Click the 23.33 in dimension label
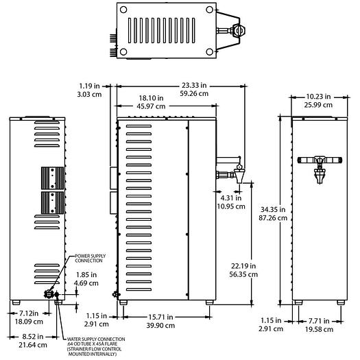click(x=194, y=86)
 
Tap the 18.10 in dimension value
click(x=151, y=98)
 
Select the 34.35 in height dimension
click(x=273, y=209)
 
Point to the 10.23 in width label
click(x=318, y=97)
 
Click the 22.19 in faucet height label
click(x=243, y=266)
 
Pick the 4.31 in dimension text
click(x=231, y=198)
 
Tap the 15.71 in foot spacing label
click(x=160, y=317)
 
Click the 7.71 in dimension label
click(x=319, y=321)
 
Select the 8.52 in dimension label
click(x=33, y=337)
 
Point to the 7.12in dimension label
click(x=29, y=313)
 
